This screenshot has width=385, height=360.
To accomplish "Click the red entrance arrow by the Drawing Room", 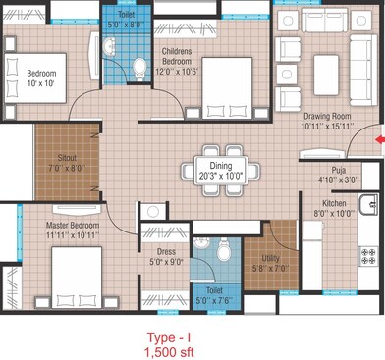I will [x=378, y=138].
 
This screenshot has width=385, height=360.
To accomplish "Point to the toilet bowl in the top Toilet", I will [x=138, y=66].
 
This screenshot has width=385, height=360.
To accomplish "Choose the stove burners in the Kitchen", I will [x=369, y=257].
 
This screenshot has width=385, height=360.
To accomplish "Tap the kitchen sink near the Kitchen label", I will [x=370, y=206].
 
